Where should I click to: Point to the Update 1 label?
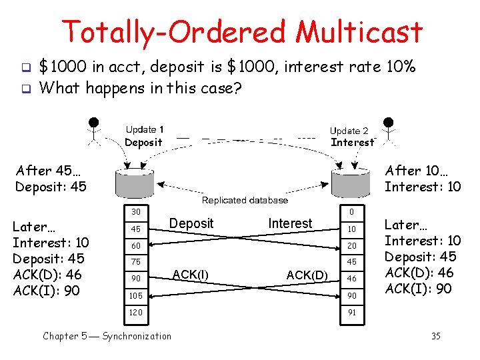tap(144, 129)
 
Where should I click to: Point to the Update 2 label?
tap(349, 131)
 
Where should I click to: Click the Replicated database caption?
tap(245, 200)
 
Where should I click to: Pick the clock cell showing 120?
tap(135, 311)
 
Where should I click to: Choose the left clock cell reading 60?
tap(135, 246)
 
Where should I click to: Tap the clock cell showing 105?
tap(135, 295)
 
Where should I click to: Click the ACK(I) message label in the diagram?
tap(191, 273)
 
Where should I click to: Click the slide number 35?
tap(435, 336)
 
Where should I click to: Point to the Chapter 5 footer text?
tap(107, 336)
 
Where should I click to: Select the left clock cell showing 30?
tap(135, 213)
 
